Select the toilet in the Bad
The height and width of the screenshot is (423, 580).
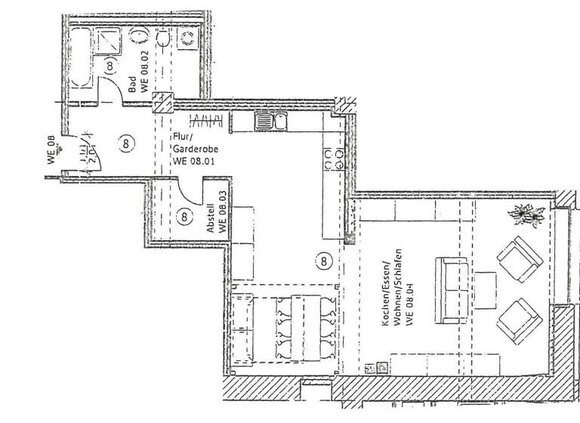[x=164, y=39]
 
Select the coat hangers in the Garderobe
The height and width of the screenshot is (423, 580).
[x=205, y=121]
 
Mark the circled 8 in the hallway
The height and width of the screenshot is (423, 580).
[x=125, y=141]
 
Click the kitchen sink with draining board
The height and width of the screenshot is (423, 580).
[x=270, y=121]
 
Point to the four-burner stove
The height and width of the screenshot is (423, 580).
[x=334, y=158]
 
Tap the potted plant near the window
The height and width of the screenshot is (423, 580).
[x=528, y=216]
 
